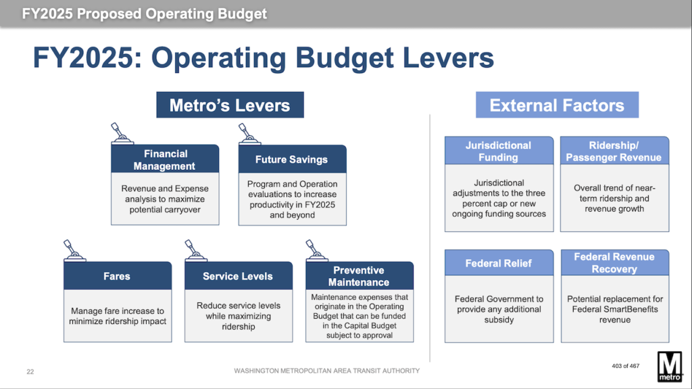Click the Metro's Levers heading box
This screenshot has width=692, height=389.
point(230,105)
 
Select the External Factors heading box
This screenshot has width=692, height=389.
point(557,105)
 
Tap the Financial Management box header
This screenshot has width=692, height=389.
point(165,159)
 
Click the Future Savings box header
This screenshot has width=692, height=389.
point(292,159)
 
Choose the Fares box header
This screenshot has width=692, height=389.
point(118,276)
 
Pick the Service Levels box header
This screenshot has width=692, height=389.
point(239,276)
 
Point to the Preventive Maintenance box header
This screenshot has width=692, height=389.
point(360,276)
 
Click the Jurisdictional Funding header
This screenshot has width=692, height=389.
point(499,151)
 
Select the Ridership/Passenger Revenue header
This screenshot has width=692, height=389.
point(614,151)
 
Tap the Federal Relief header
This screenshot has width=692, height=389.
point(499,262)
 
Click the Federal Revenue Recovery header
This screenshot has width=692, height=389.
point(615,262)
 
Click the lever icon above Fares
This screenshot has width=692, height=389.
point(74,250)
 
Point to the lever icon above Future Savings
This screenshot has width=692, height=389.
point(249,134)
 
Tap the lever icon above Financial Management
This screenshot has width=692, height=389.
point(122,133)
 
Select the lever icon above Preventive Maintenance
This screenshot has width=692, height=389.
point(316,250)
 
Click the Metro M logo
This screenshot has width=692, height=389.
point(670,367)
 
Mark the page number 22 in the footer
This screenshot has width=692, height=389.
point(30,372)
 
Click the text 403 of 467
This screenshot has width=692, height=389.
point(625,366)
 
